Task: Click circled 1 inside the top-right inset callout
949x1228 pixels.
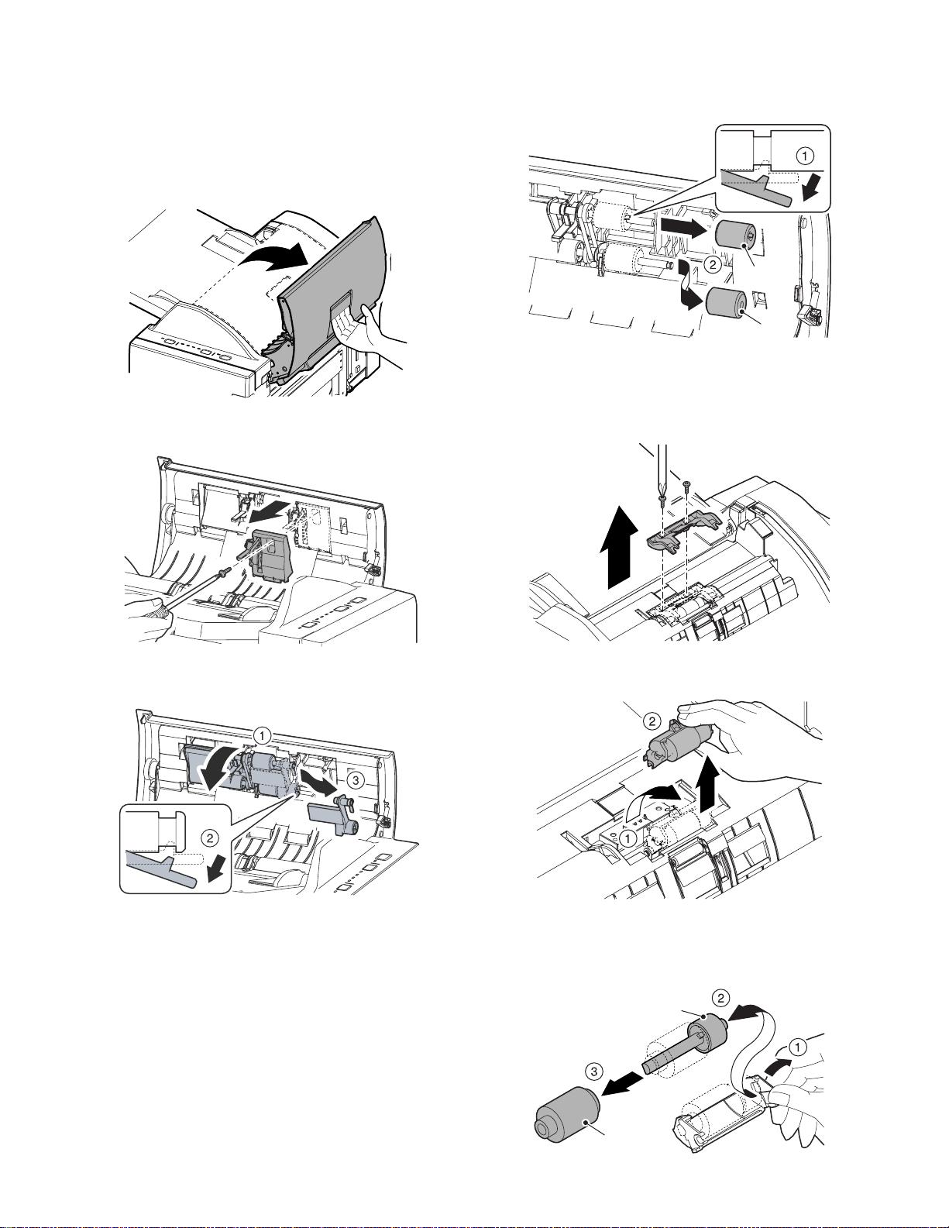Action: pos(806,157)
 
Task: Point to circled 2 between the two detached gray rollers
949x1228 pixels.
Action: pos(713,264)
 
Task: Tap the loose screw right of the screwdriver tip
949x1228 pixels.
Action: pos(687,489)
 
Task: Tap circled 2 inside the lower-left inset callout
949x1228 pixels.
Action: pos(209,838)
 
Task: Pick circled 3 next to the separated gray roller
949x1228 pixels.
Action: pos(592,1071)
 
